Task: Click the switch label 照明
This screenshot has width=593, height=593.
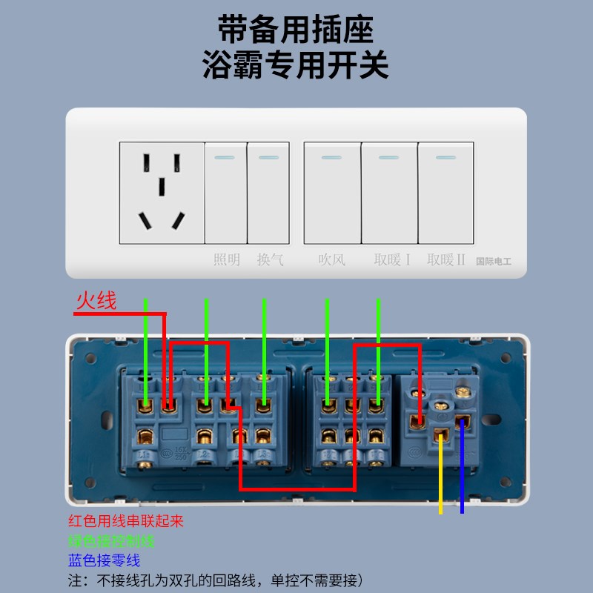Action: tap(227, 259)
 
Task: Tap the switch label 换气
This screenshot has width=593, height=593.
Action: tap(270, 259)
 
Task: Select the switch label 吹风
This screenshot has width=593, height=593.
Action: tap(331, 259)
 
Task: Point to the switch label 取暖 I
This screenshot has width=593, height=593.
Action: tap(392, 259)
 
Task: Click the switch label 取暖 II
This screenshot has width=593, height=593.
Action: tap(445, 259)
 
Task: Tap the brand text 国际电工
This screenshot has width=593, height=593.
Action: tap(493, 261)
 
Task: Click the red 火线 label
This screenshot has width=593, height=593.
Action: tap(96, 301)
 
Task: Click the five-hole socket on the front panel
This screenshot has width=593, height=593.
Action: tap(161, 193)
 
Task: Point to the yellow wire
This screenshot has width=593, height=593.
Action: tap(441, 482)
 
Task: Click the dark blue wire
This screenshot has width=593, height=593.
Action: tap(463, 482)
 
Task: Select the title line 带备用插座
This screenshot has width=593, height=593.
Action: tap(296, 30)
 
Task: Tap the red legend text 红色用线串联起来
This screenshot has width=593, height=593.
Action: tap(125, 521)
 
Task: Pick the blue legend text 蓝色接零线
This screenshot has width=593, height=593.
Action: tap(104, 561)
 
